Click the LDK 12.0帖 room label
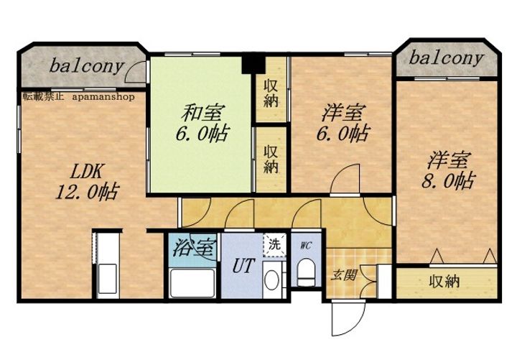point(87,181)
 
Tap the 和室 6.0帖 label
point(202,123)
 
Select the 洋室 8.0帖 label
point(448,170)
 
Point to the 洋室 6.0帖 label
point(343,123)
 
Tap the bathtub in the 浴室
point(192,283)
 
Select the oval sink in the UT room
point(271,280)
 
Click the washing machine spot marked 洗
point(274,244)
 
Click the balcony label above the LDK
point(87,66)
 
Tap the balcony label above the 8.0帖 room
point(447,58)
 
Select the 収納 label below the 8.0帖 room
point(444,282)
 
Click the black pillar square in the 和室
point(253,65)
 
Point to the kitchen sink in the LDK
point(108,279)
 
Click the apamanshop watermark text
point(103,97)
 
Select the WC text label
point(306,246)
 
